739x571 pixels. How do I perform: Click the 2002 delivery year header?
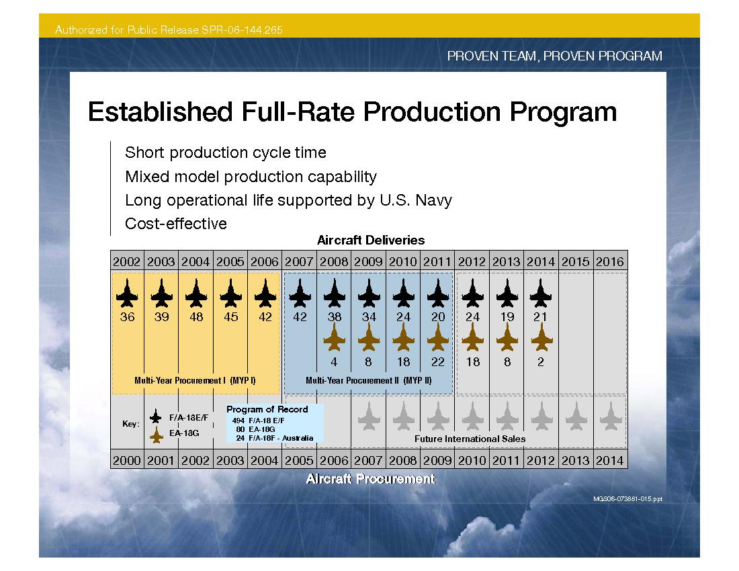click(127, 261)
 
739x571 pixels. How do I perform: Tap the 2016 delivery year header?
click(609, 261)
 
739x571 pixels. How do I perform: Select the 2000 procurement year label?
click(127, 460)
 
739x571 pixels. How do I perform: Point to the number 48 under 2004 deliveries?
click(196, 316)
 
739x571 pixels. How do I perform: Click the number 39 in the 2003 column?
click(161, 316)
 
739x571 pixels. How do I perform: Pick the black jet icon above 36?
click(127, 293)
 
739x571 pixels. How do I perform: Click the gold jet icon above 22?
click(437, 337)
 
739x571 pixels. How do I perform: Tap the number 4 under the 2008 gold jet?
click(334, 361)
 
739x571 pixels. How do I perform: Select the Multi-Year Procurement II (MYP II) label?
click(368, 380)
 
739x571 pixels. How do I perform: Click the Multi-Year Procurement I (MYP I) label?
click(195, 380)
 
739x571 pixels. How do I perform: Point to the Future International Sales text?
click(470, 439)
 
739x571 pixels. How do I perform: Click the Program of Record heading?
click(267, 409)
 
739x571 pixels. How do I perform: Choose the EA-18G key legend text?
click(184, 433)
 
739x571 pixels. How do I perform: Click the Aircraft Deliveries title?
click(370, 240)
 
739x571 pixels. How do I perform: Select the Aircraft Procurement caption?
click(370, 479)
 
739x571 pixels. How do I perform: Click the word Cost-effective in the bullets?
click(176, 224)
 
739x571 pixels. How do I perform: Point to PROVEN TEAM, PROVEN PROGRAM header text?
click(554, 56)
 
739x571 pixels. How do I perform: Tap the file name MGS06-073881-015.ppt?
click(627, 499)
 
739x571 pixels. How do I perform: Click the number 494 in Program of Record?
click(238, 420)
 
